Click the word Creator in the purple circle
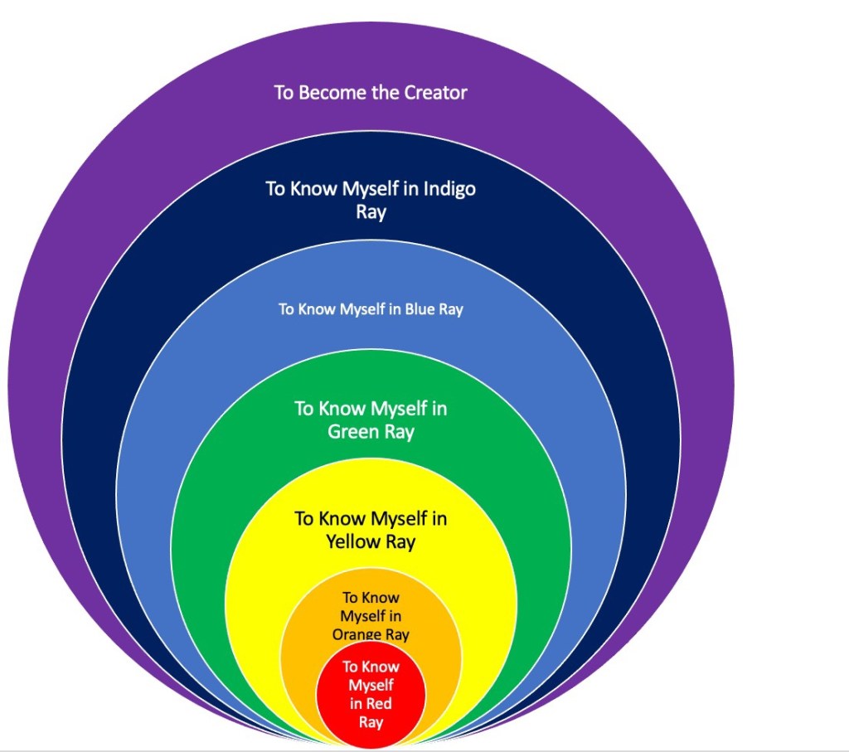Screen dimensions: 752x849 435,92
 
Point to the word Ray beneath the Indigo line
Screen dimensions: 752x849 371,212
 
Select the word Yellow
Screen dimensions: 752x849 353,542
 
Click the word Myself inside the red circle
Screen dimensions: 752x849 371,686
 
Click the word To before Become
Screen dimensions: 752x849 284,92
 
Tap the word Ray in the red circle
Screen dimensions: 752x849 371,722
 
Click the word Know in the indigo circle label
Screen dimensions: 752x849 312,188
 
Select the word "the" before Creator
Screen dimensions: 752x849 386,92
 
